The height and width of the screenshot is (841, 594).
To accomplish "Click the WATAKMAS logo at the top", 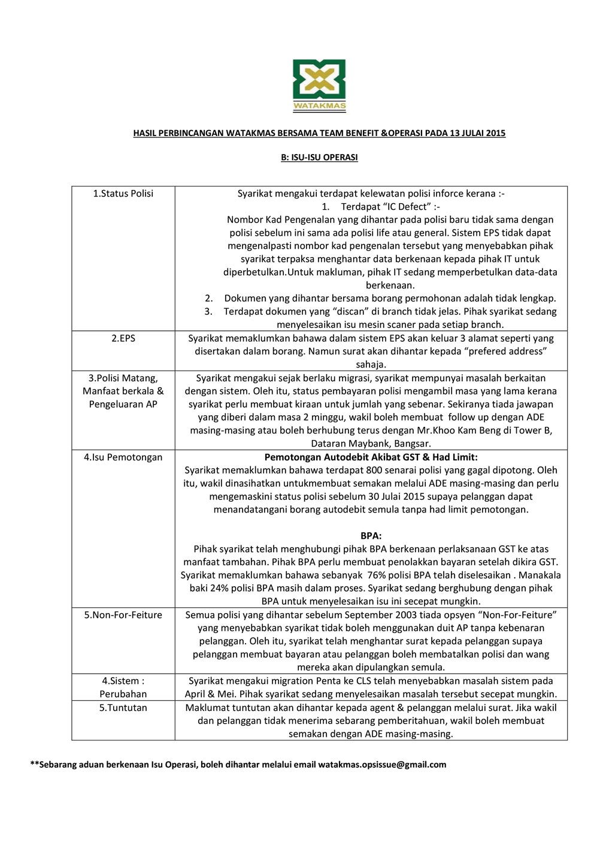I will point(319,86).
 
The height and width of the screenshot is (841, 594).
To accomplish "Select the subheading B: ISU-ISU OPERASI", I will point(319,158).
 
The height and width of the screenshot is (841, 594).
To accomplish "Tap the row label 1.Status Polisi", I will point(123,194).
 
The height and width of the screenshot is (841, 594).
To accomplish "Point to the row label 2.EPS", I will point(123,339).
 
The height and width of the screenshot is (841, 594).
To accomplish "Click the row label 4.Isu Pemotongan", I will point(123,457).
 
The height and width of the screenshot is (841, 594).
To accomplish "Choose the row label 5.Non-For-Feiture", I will point(123,615).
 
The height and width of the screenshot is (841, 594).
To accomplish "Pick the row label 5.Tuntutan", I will point(123,708).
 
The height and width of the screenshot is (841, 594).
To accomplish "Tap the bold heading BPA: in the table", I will point(371,536).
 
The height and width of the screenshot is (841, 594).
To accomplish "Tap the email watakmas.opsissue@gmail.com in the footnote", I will point(382,765).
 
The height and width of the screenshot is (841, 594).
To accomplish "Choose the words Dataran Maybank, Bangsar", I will point(371,444).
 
